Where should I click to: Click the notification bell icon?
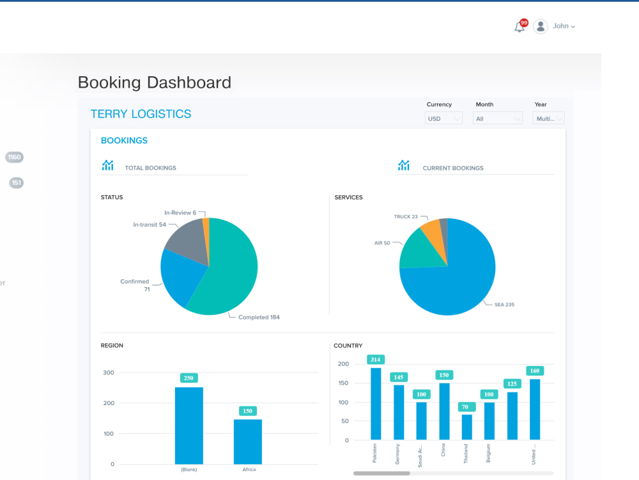pos(520,27)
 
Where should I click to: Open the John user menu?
pos(556,26)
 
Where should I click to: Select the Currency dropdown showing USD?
pos(443,118)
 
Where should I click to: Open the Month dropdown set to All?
pos(498,118)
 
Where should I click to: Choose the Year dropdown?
pos(550,118)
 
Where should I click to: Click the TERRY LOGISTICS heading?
pos(141,114)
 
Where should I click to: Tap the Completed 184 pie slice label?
pos(259,317)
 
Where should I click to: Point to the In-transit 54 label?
pos(150,225)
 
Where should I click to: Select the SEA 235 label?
pos(504,305)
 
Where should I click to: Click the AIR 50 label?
pos(382,243)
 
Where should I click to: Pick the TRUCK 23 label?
pos(406,216)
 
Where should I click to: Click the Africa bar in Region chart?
pos(248,442)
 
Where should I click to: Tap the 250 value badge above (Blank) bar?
pos(189,378)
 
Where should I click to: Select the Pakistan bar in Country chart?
pos(376,403)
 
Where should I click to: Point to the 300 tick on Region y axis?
pos(108,372)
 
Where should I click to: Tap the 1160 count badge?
pos(14,157)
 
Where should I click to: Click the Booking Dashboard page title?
pos(154,83)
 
